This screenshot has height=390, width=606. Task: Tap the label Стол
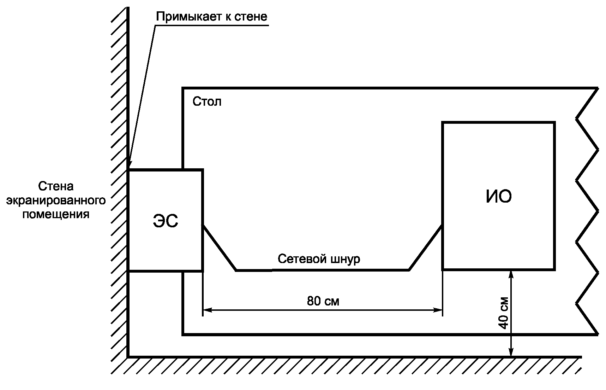[x=207, y=102]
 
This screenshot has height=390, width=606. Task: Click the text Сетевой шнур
[x=319, y=259]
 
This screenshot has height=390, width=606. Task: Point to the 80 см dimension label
[x=323, y=301]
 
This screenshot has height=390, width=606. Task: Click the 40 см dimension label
[x=504, y=312]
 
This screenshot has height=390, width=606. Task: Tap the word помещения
[x=56, y=214]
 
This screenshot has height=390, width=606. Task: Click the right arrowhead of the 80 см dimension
[x=438, y=310]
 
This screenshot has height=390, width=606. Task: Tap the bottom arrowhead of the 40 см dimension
[x=510, y=352]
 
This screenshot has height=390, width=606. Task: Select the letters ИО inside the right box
[x=498, y=197]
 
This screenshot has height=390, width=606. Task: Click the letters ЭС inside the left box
[x=165, y=221]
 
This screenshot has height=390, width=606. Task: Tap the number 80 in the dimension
[x=313, y=301]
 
